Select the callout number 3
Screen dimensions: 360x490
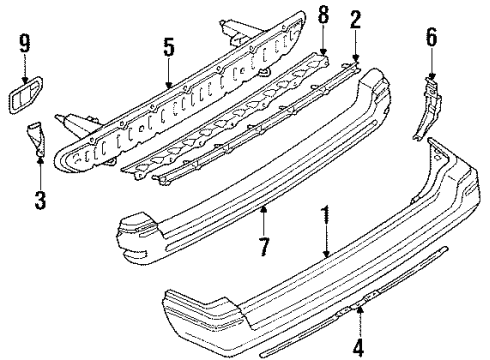tap(38, 201)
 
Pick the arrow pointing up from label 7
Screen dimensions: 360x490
tap(263, 214)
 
